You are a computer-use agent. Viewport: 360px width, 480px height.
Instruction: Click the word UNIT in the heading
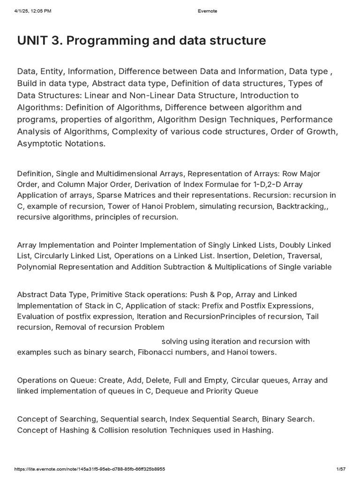[32, 41]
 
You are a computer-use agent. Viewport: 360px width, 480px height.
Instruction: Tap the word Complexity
[134, 132]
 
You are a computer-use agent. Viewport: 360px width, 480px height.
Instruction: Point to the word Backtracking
[306, 206]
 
